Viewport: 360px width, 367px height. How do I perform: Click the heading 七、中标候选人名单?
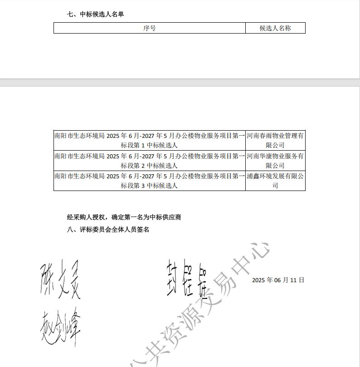pyautogui.click(x=95, y=14)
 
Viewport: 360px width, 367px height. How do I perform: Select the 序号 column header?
pyautogui.click(x=150, y=28)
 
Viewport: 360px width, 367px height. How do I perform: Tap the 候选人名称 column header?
pyautogui.click(x=275, y=28)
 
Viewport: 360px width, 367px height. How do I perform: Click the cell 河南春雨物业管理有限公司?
pyautogui.click(x=275, y=140)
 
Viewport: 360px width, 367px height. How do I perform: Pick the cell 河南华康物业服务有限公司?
pyautogui.click(x=275, y=161)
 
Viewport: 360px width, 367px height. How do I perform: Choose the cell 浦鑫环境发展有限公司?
pyautogui.click(x=275, y=181)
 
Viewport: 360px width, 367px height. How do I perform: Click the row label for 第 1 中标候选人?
pyautogui.click(x=150, y=140)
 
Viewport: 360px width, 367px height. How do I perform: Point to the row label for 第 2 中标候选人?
pyautogui.click(x=150, y=161)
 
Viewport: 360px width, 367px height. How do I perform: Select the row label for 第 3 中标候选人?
pyautogui.click(x=150, y=181)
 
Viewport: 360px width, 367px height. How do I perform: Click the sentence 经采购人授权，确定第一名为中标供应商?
pyautogui.click(x=124, y=217)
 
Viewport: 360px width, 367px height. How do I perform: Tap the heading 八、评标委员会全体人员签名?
pyautogui.click(x=108, y=230)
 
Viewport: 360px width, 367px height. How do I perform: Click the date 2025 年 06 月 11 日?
pyautogui.click(x=278, y=280)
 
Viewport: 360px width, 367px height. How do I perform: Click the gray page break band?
pyautogui.click(x=180, y=82)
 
